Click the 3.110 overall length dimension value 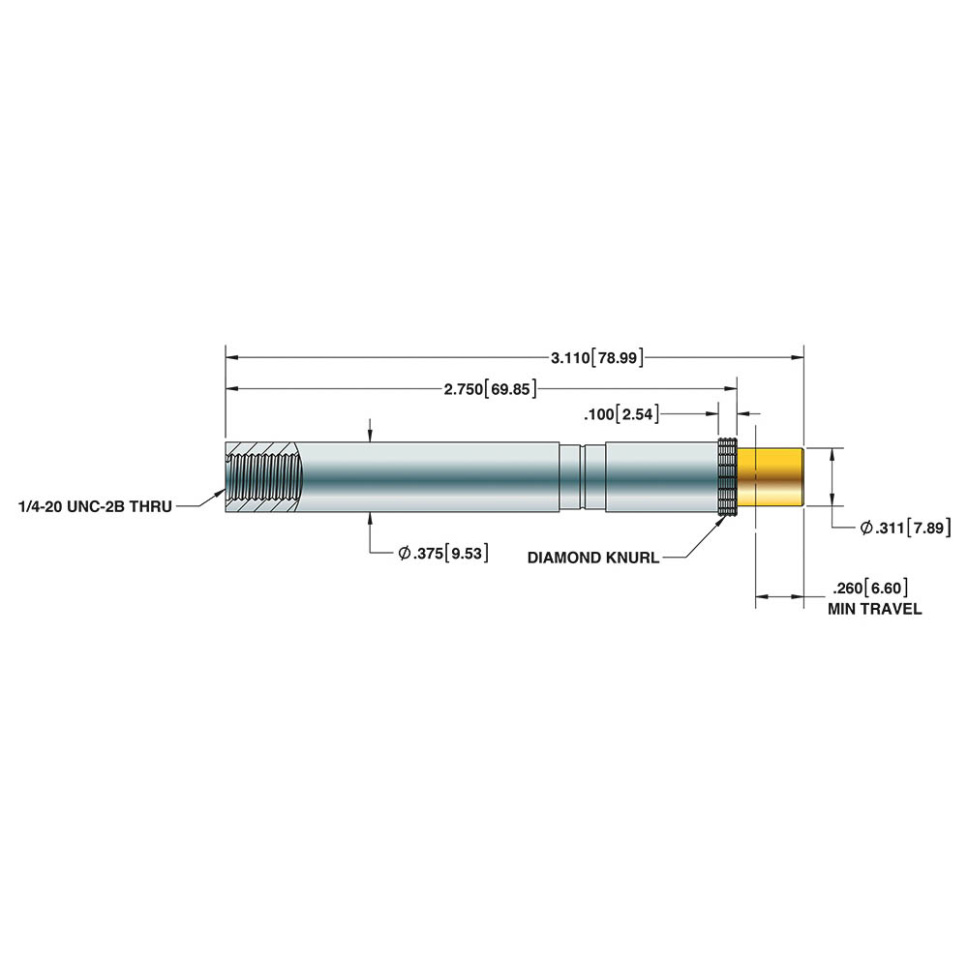coord(570,357)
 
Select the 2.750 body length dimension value coord(463,389)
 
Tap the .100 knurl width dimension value coord(598,414)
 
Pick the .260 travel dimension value coord(847,588)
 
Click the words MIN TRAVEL coord(874,609)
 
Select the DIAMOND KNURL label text coord(593,559)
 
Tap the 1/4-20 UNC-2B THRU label coord(96,507)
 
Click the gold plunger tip coord(771,477)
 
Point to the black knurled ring coord(728,476)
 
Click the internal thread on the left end coord(265,477)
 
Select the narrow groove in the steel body coord(582,477)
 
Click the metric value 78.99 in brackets coord(618,357)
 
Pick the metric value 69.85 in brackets coord(510,389)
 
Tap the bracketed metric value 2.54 coord(637,414)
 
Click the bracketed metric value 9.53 coord(467,553)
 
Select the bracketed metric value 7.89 coord(928,528)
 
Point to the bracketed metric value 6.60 coord(887,588)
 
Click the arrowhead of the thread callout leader coord(220,493)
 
